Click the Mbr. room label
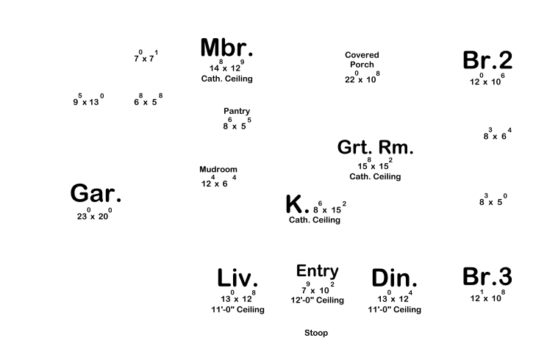(226, 48)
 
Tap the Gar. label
(96, 194)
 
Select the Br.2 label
(487, 61)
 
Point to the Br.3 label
(487, 277)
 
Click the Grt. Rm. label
(375, 147)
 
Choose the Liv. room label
(237, 278)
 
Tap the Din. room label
(394, 278)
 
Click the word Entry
(317, 271)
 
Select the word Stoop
(316, 333)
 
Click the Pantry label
(237, 111)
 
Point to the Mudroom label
(218, 169)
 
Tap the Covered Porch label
(362, 60)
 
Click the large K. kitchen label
(297, 205)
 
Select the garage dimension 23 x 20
(94, 215)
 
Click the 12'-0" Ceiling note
(317, 300)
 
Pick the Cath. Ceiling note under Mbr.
(226, 79)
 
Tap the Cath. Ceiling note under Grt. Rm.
(375, 176)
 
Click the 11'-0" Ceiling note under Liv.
(237, 309)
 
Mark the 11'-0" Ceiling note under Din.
(394, 309)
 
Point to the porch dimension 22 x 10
(362, 79)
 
